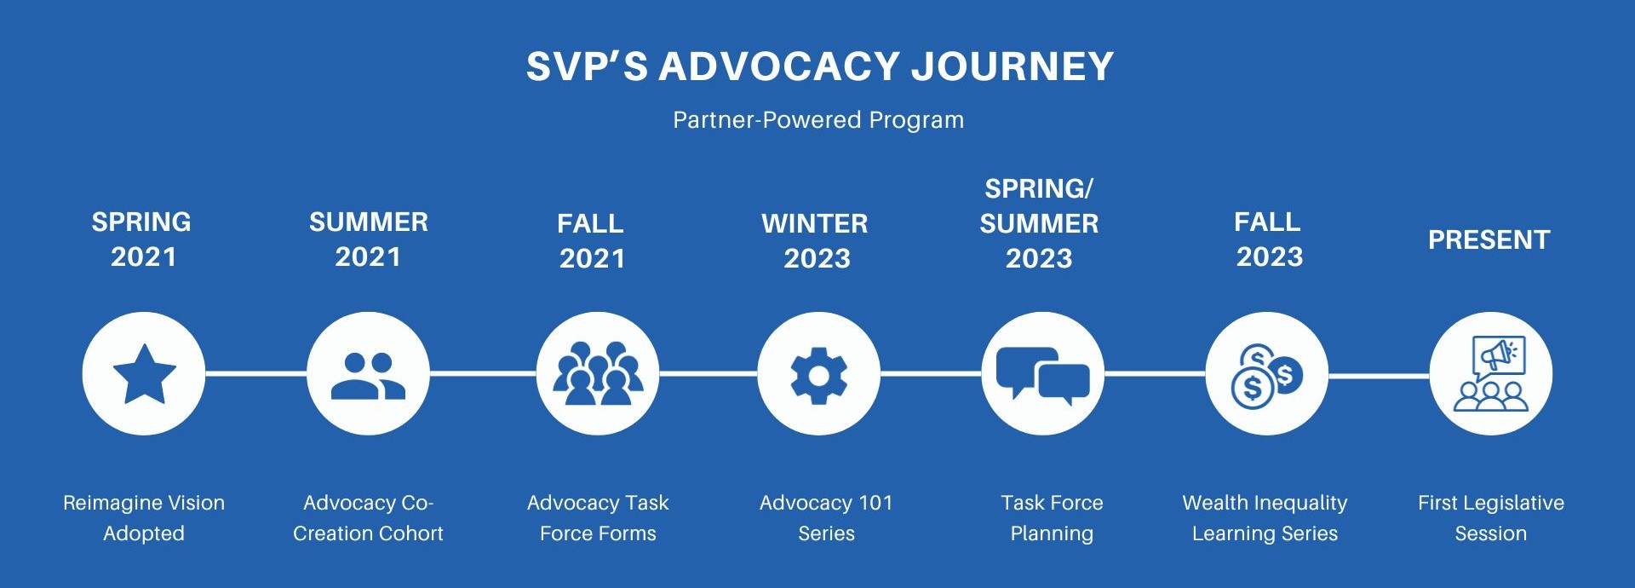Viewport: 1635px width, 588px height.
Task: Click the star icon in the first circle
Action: [144, 373]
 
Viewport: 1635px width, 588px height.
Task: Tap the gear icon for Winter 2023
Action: [818, 375]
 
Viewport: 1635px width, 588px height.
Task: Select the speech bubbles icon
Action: [1043, 374]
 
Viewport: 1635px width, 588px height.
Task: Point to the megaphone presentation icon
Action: [1491, 374]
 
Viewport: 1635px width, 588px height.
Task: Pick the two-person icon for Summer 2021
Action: [368, 375]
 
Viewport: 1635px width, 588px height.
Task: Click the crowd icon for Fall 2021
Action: [598, 373]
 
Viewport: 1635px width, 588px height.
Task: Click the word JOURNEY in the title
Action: [1012, 66]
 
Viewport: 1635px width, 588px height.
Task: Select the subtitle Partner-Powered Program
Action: [818, 120]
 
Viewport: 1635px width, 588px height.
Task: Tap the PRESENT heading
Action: [1489, 240]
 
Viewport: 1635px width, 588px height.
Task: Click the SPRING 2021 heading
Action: [142, 239]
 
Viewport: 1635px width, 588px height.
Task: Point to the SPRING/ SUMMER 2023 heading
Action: [1039, 223]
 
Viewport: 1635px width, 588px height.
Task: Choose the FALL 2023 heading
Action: [1269, 239]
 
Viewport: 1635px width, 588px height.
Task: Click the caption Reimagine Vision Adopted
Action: [144, 518]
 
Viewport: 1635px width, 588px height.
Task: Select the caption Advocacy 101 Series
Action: [826, 518]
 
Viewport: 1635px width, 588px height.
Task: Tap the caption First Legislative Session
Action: [1490, 518]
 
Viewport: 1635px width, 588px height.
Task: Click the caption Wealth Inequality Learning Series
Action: [1265, 518]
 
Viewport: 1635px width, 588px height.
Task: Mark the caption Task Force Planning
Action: [1052, 518]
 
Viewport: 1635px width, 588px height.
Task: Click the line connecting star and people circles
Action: [255, 373]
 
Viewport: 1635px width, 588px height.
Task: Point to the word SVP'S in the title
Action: [587, 66]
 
